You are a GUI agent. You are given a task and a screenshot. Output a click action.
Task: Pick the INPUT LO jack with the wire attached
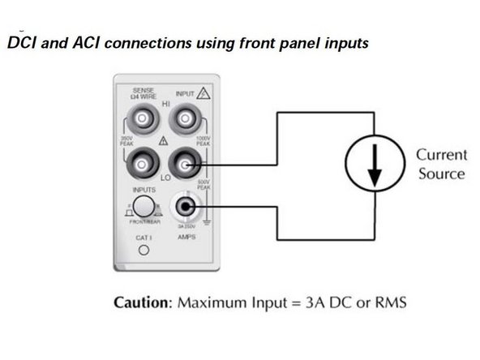coord(186,167)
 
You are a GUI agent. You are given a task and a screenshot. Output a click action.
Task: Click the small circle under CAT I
coord(144,251)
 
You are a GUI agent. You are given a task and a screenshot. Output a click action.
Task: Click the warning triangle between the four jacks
coord(165,141)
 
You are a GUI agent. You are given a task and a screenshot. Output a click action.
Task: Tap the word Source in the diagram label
coord(442,174)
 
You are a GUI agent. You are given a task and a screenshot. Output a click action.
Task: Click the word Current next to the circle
coord(442,155)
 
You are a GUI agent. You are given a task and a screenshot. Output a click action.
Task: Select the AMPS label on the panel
coord(186,237)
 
